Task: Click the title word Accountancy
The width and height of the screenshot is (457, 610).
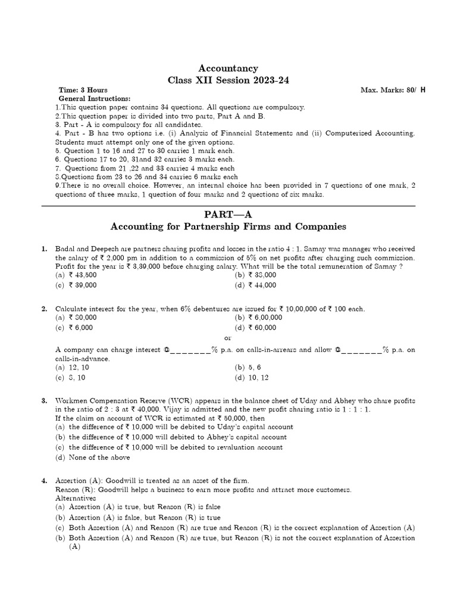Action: pyautogui.click(x=229, y=69)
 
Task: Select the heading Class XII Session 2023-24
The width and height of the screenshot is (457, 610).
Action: pyautogui.click(x=229, y=80)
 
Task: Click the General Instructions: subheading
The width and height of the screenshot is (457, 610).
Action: pyautogui.click(x=94, y=98)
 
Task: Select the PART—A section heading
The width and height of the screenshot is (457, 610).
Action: pyautogui.click(x=229, y=214)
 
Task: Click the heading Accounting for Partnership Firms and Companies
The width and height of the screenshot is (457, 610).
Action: pyautogui.click(x=229, y=227)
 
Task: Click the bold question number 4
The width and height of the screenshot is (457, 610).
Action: pyautogui.click(x=44, y=480)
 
